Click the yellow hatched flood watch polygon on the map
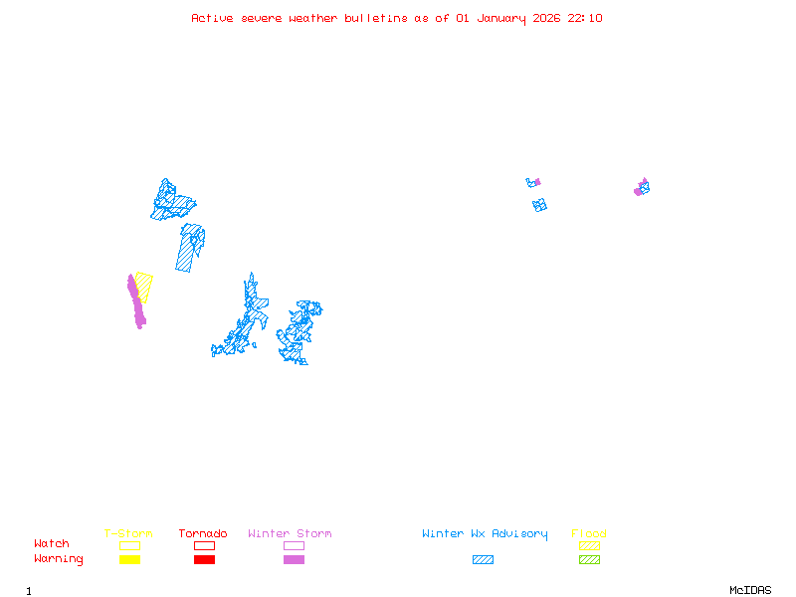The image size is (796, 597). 144,286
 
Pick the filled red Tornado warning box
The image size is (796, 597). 204,560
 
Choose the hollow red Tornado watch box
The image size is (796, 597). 204,545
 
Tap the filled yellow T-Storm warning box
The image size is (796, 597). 129,560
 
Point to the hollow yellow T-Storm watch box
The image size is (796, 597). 129,545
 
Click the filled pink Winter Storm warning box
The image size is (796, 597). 294,560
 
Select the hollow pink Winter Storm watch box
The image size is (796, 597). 294,545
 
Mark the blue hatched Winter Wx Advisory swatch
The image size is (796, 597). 483,560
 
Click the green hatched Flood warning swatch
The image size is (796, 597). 589,560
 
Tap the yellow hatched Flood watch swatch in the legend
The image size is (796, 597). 589,545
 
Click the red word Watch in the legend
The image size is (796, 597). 52,544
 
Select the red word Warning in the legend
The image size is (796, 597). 59,559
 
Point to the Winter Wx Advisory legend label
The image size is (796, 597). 485,534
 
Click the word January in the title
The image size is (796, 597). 502,18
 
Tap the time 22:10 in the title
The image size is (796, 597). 585,18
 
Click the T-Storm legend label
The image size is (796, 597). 128,534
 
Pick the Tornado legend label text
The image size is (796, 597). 203,534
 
